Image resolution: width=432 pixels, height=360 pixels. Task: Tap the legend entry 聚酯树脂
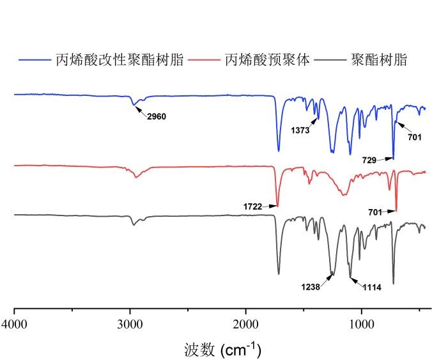coord(379,60)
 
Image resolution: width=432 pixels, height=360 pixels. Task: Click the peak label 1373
coord(301,130)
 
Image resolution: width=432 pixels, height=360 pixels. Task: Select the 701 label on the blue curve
coord(415,136)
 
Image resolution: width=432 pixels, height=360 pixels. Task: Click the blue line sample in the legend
coord(34,60)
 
